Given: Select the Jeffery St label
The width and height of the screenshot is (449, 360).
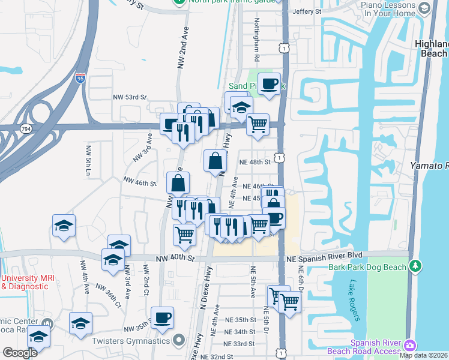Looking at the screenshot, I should [307, 11].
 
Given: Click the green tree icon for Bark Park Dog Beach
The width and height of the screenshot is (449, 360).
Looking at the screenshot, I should [415, 265].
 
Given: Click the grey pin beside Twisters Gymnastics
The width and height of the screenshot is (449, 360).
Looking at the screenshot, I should [178, 341].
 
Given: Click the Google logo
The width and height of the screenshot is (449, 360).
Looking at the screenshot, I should [20, 353].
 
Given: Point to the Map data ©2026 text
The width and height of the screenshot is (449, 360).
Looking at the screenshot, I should [424, 355].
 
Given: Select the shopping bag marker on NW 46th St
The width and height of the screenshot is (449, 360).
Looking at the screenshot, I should [178, 183].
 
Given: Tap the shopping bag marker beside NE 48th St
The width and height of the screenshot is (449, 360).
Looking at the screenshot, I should [215, 160].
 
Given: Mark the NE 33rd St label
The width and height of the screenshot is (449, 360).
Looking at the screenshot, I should [240, 344].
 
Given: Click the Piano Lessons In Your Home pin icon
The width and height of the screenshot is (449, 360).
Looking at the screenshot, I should [424, 8].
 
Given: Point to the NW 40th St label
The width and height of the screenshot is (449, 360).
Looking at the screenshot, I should [175, 259].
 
